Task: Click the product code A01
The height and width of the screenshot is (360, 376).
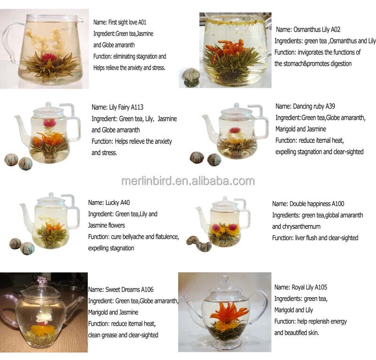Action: pos(142,22)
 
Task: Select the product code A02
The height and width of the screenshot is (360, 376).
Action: pos(336,30)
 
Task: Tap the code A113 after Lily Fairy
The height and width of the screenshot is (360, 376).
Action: pos(137,107)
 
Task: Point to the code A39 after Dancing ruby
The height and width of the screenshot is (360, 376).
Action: pos(330,106)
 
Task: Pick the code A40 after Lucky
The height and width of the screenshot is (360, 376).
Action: pos(125,203)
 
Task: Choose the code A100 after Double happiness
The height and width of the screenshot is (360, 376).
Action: pos(338,204)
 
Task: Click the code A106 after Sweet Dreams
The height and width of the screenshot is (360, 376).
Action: pos(147,290)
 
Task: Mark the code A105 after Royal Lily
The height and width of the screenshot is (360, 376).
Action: pos(321,287)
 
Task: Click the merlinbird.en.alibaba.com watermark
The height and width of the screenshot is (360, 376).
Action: pos(188,181)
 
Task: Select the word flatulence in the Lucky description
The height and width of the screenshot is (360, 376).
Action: pos(167,237)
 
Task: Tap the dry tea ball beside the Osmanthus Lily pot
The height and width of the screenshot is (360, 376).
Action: pos(191,77)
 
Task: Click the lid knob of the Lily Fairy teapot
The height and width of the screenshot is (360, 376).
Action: pos(48,105)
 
